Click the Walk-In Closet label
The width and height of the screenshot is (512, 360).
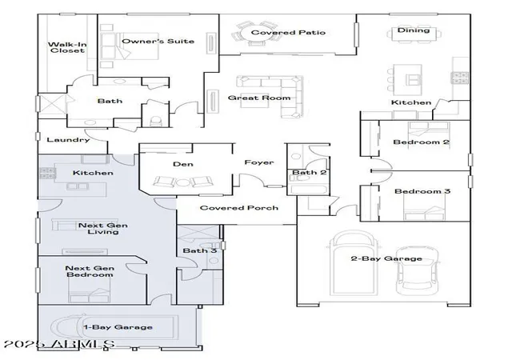[67, 47]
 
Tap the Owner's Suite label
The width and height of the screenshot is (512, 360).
[158, 41]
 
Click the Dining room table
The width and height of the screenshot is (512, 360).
[414, 34]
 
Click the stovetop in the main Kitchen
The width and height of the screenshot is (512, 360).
[459, 78]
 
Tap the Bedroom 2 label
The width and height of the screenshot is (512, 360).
[422, 142]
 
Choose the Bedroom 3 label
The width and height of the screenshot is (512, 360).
[422, 191]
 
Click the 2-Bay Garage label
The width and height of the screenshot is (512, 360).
[386, 258]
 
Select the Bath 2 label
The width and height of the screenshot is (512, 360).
[310, 172]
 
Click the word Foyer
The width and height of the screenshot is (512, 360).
[259, 162]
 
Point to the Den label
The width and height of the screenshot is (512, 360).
[183, 164]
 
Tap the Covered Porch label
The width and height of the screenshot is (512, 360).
[239, 208]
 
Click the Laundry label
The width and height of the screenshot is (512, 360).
[68, 140]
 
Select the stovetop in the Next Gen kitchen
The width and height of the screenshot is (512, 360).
[47, 173]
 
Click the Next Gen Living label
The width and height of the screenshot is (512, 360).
[103, 228]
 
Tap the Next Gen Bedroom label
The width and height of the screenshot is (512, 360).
[90, 271]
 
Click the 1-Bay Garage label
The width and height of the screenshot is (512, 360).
[118, 327]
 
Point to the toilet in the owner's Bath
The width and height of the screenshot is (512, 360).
[155, 121]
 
